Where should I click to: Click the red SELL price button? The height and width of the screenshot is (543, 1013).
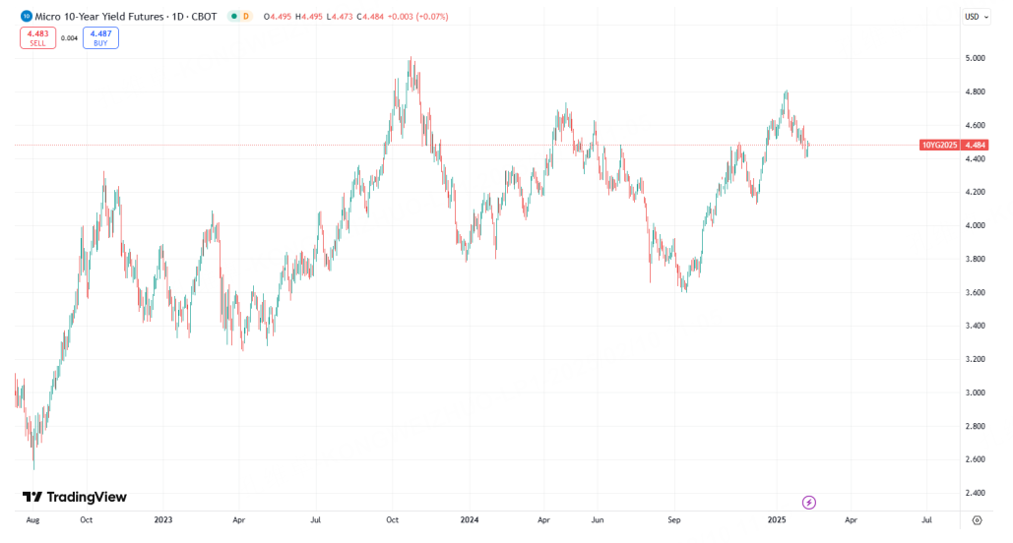pos(38,38)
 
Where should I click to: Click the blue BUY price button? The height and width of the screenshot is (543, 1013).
pos(100,38)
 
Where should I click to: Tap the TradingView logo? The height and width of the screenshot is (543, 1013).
pos(75,497)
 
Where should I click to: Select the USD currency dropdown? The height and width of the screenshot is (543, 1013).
pos(976,16)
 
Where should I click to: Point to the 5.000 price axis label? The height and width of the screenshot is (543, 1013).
pos(975,58)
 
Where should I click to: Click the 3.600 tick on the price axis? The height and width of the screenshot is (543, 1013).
pos(975,292)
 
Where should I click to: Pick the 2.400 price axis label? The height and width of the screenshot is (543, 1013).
pos(975,493)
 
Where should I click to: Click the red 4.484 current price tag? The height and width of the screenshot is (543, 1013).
pos(976,145)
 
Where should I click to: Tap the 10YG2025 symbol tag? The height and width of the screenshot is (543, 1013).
pos(940,145)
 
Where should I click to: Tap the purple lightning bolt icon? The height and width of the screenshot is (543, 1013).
pos(809,502)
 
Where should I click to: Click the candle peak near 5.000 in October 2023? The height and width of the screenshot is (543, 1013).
pos(410,59)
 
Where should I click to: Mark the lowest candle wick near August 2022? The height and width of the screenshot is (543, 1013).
pos(33,468)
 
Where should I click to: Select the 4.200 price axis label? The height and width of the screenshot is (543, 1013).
pos(975,192)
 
